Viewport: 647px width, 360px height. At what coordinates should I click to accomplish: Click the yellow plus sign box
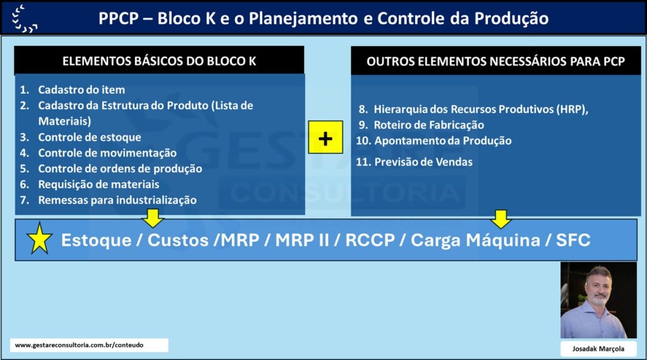coord(325,137)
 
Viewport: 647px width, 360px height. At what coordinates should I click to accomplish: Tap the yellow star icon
coord(40,238)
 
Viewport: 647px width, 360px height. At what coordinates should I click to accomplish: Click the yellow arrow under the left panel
coord(153,218)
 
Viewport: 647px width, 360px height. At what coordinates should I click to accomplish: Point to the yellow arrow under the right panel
coord(501,219)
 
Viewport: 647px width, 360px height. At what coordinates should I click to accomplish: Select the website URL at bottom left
coord(79,345)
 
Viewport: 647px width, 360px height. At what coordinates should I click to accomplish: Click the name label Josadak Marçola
coord(598,349)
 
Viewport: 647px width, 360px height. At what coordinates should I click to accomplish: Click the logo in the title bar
coord(25,18)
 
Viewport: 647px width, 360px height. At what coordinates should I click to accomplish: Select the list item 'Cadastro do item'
coord(82,90)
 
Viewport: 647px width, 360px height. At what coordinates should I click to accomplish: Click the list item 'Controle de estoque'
coord(90,137)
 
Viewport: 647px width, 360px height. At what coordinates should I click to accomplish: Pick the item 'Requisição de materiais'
coord(99,184)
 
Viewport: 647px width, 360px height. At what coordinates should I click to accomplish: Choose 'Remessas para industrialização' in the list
coord(117,200)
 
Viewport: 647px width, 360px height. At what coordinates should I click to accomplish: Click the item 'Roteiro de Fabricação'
coord(429,125)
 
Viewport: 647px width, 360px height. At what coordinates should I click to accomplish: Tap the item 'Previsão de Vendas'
coord(423,162)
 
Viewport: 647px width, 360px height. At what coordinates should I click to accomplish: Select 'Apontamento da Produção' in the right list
coord(443,141)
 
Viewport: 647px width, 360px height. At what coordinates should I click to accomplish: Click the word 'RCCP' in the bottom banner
coord(370,240)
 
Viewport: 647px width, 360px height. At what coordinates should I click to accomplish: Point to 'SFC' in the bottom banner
coord(573,240)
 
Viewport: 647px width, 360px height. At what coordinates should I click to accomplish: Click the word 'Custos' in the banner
coord(178,240)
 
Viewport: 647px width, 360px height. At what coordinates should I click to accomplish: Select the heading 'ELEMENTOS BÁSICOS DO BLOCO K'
coord(159,61)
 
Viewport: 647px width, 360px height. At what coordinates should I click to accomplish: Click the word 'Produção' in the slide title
coord(511,18)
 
